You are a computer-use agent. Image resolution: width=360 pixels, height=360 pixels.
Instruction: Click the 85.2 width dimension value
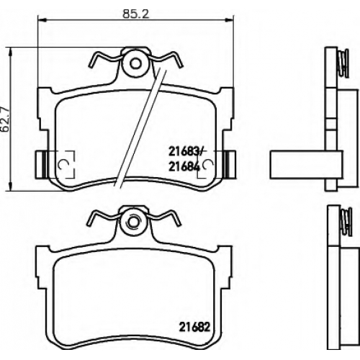point(135,14)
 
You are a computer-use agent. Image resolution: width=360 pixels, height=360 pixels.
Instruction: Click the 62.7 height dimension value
point(5,119)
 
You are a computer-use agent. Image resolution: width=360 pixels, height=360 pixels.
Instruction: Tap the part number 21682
point(194,327)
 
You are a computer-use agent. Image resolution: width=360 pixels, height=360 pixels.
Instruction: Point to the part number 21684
point(184,166)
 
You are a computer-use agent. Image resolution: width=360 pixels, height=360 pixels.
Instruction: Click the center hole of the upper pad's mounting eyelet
point(135,64)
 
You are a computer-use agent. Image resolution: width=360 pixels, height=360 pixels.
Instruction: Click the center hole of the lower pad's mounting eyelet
point(133,222)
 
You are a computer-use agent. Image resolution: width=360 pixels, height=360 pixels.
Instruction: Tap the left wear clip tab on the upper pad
point(41,164)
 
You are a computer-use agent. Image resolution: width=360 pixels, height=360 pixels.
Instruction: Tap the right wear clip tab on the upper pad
point(230,164)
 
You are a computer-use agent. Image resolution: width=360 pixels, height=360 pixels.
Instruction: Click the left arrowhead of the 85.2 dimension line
point(42,19)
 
